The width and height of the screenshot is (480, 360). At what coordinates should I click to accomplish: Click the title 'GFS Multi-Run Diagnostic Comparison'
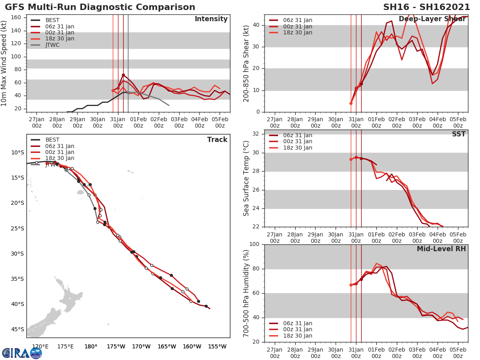[x=100, y=7]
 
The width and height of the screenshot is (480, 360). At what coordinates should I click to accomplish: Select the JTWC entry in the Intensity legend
[x=52, y=45]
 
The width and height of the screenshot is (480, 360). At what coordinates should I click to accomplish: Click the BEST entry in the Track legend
[x=52, y=140]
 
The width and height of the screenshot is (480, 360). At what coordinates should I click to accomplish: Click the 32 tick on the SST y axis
[x=256, y=134]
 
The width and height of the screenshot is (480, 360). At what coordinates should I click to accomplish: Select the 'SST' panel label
[x=458, y=134]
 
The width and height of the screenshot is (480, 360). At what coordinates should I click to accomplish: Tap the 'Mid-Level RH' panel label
[x=441, y=249]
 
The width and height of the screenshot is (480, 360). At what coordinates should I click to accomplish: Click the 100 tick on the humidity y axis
[x=254, y=244]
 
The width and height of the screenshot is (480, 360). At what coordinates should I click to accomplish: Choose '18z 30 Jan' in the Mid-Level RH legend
[x=298, y=336]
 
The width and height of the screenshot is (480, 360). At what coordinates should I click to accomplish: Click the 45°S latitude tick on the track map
[x=18, y=329]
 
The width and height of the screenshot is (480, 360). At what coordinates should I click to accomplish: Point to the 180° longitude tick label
[x=91, y=346]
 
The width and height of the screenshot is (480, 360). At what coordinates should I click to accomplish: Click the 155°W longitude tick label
[x=217, y=346]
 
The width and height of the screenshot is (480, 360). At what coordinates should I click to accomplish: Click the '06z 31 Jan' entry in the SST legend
[x=298, y=135]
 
